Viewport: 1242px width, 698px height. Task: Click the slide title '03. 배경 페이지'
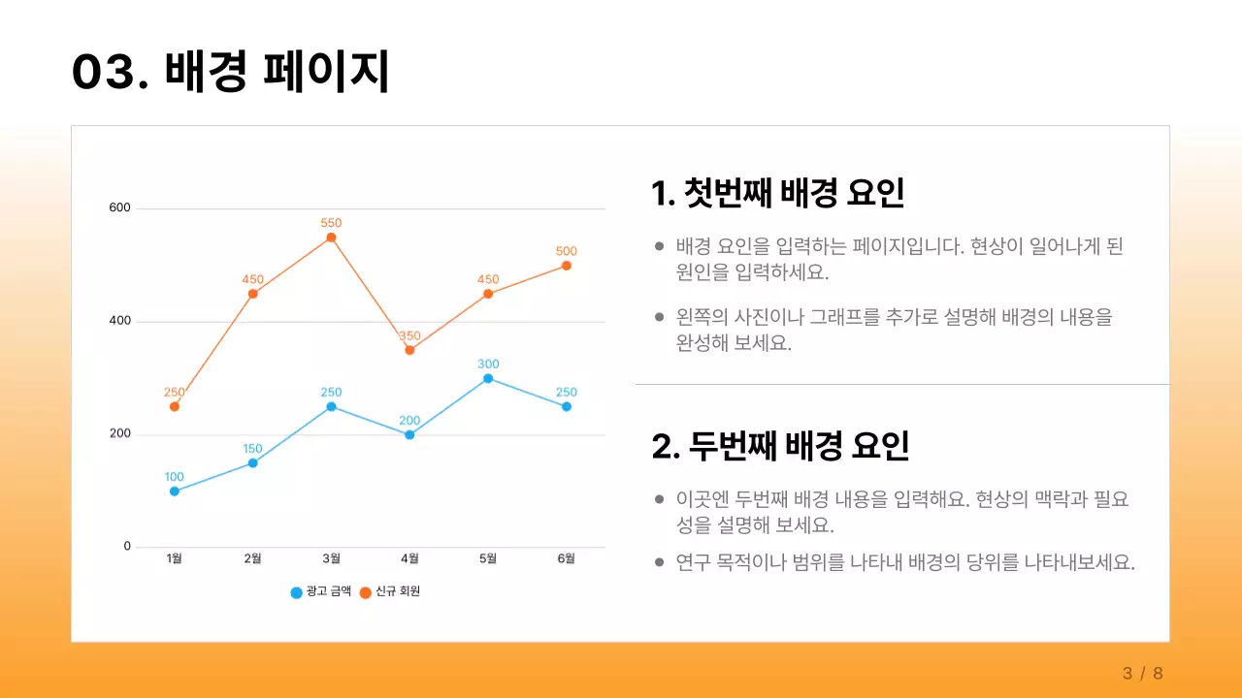point(230,72)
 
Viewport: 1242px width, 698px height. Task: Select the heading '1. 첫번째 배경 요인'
point(777,193)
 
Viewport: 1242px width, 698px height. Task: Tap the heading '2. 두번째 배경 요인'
point(780,446)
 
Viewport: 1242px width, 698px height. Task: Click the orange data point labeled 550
point(331,238)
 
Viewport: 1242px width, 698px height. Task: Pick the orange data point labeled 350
point(409,350)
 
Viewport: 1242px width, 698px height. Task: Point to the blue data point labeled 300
point(488,378)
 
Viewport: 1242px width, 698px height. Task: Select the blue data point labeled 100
point(175,492)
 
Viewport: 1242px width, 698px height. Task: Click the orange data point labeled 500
point(567,266)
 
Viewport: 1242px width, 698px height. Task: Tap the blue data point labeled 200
point(409,435)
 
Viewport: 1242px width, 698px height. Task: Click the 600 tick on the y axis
point(119,208)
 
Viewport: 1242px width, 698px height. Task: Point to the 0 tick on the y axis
point(127,547)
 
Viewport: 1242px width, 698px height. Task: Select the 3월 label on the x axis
point(331,558)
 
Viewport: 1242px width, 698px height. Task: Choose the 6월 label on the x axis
point(567,558)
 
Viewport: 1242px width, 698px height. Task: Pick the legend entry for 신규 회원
point(390,592)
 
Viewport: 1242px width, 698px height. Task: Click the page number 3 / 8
point(1142,674)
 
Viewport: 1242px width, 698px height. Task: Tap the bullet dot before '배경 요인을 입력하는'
point(660,247)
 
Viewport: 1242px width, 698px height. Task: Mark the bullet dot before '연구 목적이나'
point(660,562)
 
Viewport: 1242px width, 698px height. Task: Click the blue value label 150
point(252,449)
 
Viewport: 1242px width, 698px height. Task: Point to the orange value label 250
point(175,393)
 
